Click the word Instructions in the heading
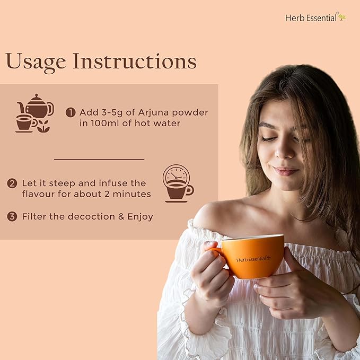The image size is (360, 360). pyautogui.click(x=135, y=61)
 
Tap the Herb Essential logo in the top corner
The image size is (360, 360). pyautogui.click(x=316, y=17)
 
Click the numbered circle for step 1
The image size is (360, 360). pyautogui.click(x=71, y=112)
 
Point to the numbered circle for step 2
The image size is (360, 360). pyautogui.click(x=12, y=183)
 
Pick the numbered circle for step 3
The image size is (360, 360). pyautogui.click(x=12, y=216)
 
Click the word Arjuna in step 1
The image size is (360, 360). pyautogui.click(x=154, y=113)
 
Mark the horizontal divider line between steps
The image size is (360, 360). pyautogui.click(x=99, y=159)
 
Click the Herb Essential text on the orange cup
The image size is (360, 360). pyautogui.click(x=253, y=259)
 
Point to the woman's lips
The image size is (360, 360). pyautogui.click(x=285, y=171)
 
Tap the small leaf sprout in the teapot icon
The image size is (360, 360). pyautogui.click(x=43, y=126)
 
